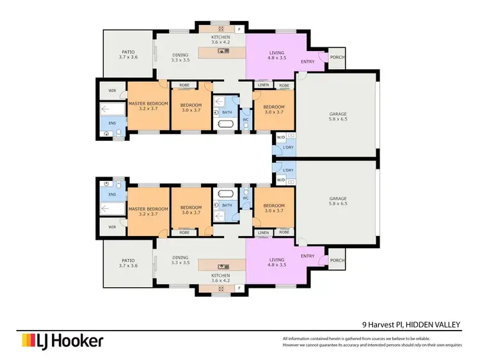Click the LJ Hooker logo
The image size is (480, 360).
click(62, 341)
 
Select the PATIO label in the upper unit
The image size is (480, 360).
click(129, 52)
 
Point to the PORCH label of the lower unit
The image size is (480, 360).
click(335, 260)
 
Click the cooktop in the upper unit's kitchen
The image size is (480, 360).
click(221, 29)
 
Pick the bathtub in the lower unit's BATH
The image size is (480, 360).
click(225, 193)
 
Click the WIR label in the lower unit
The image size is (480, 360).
click(113, 226)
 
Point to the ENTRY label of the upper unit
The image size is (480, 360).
click(308, 61)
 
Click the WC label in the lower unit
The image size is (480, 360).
click(245, 198)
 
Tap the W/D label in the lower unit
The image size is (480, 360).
click(280, 180)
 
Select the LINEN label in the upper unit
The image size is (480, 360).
click(263, 85)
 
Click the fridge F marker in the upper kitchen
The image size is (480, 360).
click(239, 29)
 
